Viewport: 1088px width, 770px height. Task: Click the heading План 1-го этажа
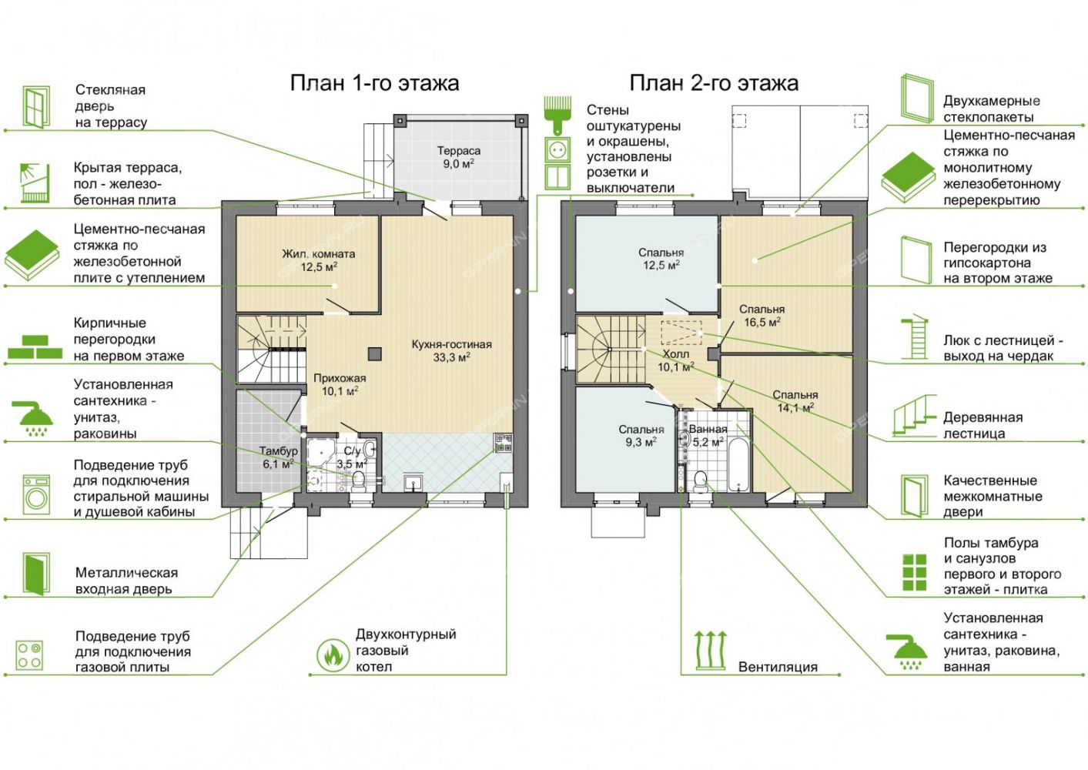[x=374, y=83]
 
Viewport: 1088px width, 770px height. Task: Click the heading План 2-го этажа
[x=714, y=83]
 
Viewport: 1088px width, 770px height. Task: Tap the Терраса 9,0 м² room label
[x=458, y=157]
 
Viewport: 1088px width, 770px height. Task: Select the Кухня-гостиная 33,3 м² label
[x=452, y=351]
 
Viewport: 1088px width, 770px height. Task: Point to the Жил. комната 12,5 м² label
[x=319, y=260]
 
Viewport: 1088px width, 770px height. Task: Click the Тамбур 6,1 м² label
[x=278, y=457]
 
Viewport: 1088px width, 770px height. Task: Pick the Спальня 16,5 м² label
[x=762, y=315]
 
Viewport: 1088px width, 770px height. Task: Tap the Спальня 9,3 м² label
[x=641, y=436]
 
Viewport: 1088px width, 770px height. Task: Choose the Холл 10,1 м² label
[x=675, y=360]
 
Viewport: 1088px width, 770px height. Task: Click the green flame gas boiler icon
[x=333, y=654]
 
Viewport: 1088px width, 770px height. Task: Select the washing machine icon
[x=36, y=494]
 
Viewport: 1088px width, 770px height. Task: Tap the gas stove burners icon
[x=29, y=655]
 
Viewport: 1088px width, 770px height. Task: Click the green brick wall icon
[x=35, y=346]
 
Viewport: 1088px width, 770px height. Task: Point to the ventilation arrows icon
[x=710, y=650]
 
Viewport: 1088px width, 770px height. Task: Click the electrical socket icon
[x=557, y=149]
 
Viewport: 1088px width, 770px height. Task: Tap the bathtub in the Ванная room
[x=739, y=465]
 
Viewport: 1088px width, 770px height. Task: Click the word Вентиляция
[x=778, y=667]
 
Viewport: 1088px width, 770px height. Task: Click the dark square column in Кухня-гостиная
[x=374, y=354]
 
